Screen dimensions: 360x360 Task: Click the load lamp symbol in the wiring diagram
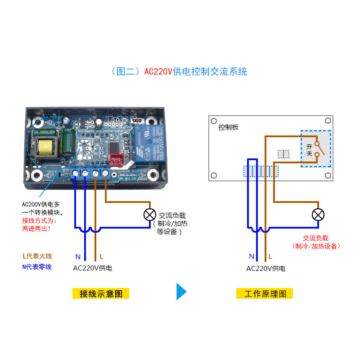149,215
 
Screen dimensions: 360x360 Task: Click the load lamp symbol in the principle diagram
318,215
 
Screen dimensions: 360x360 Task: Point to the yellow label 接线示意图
101,294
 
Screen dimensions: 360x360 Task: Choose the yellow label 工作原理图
265,294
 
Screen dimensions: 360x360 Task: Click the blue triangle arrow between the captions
181,292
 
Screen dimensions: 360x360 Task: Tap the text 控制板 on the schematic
228,127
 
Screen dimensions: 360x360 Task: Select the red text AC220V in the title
158,72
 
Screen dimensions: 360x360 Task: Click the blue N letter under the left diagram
78,257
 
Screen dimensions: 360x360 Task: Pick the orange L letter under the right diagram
270,257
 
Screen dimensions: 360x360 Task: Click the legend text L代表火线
37,256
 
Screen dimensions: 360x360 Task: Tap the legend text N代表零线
37,267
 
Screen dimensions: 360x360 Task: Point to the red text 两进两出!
36,229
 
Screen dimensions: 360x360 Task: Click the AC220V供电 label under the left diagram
93,268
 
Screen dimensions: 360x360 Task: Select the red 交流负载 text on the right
315,238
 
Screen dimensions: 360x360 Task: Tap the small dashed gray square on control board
283,154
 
